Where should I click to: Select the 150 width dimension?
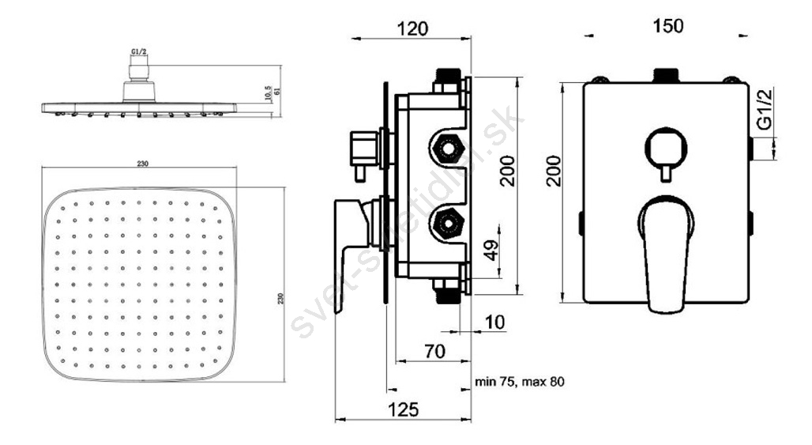(x=667, y=25)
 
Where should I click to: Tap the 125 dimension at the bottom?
(x=403, y=409)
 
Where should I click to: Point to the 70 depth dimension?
(x=435, y=351)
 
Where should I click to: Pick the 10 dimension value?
(x=494, y=322)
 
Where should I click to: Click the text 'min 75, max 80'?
(x=520, y=383)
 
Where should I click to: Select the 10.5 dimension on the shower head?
(x=269, y=94)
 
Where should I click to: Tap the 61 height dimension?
(x=277, y=91)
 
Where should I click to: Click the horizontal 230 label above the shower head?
(x=143, y=164)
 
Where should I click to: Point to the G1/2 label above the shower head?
(x=139, y=51)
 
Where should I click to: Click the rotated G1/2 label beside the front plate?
(x=765, y=109)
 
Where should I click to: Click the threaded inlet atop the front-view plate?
(x=667, y=76)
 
